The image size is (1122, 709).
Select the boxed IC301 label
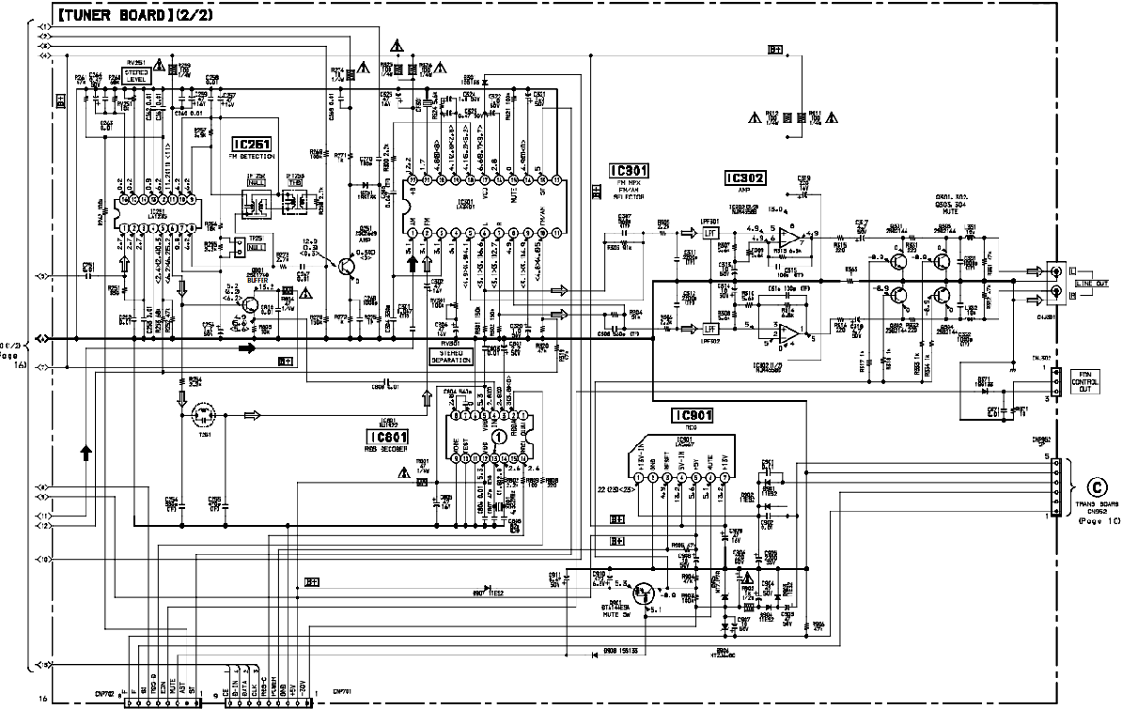click(x=629, y=172)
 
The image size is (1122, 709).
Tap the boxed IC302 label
click(x=745, y=177)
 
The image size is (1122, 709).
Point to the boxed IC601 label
click(x=389, y=436)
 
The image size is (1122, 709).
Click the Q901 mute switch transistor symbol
click(x=646, y=593)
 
